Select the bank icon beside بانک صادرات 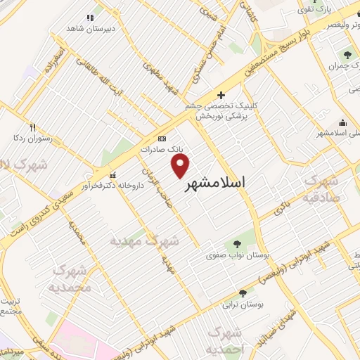[162, 139]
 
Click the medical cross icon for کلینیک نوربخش [221, 95]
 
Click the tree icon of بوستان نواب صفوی [232, 245]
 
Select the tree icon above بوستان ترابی [243, 294]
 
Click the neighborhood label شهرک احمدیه [226, 341]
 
